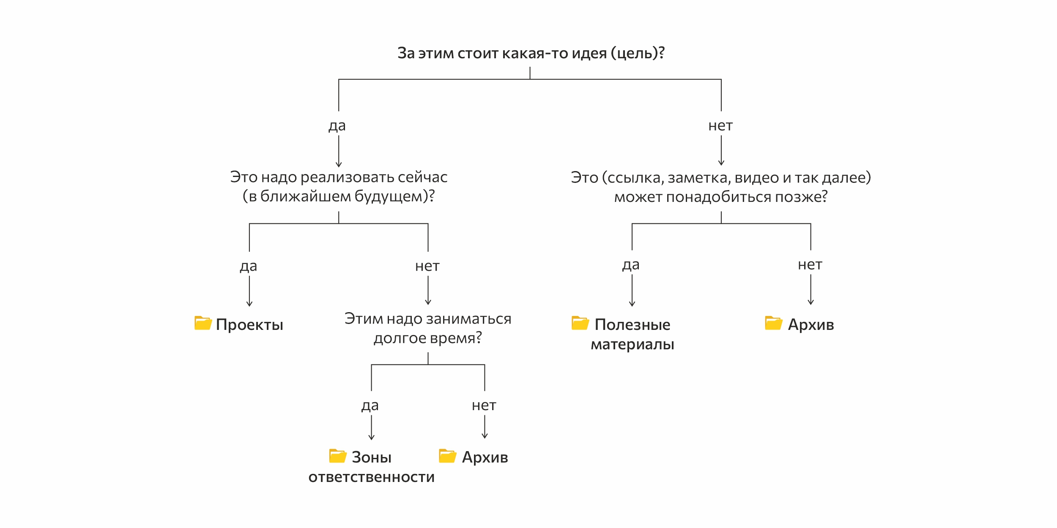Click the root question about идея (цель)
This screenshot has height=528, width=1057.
(x=531, y=53)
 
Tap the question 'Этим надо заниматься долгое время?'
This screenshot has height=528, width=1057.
(x=428, y=328)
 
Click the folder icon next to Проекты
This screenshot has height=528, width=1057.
(x=203, y=323)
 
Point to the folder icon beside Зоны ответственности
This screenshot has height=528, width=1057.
(x=337, y=456)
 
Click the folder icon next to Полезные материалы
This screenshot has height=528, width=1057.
(x=580, y=323)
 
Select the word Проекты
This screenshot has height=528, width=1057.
(x=249, y=325)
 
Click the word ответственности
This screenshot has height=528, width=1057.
(x=371, y=477)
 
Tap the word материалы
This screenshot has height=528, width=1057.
(x=632, y=345)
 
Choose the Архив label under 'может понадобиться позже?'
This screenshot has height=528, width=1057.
(x=811, y=325)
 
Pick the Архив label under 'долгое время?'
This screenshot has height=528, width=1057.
(x=485, y=457)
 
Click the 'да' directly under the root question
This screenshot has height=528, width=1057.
(x=337, y=126)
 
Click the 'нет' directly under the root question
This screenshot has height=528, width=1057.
(x=720, y=126)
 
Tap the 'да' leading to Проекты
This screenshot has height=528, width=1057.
(x=249, y=267)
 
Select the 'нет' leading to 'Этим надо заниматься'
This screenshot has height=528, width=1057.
(x=427, y=267)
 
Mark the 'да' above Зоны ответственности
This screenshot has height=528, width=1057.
(x=370, y=406)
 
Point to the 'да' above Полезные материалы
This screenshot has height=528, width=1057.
(x=631, y=265)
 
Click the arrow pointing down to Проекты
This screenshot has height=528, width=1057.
(x=249, y=291)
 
